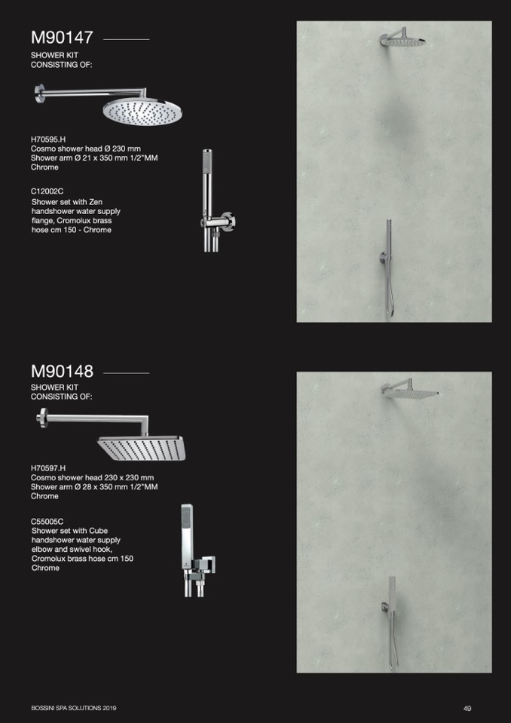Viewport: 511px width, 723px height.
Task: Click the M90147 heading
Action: [x=62, y=38]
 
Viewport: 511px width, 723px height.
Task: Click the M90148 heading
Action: [x=62, y=371]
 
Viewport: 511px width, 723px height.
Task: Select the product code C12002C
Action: [x=47, y=193]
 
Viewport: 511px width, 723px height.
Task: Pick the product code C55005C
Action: [x=47, y=522]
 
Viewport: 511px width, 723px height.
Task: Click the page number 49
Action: [x=467, y=708]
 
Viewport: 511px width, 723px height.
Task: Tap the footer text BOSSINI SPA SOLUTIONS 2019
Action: [x=74, y=708]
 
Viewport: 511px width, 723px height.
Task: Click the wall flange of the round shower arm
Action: [x=38, y=93]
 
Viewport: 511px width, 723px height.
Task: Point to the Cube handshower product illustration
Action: [x=197, y=550]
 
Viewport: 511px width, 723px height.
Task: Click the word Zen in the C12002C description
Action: [x=96, y=202]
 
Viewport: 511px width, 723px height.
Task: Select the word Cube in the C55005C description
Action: [x=98, y=531]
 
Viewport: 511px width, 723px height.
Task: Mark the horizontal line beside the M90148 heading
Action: [x=127, y=373]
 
